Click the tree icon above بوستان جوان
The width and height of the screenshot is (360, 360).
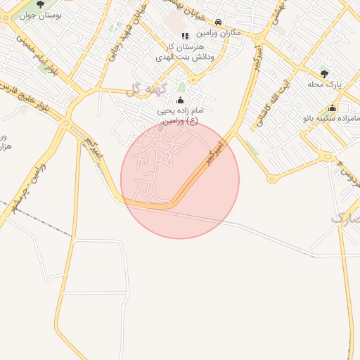coord(39,4)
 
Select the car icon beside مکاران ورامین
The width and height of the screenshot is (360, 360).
coord(219,22)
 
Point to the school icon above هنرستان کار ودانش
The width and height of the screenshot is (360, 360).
coord(185,35)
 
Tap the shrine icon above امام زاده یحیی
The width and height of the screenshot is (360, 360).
coord(180,101)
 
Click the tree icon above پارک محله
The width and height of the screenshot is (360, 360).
coord(324,72)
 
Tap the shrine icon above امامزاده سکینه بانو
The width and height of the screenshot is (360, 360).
coord(332,108)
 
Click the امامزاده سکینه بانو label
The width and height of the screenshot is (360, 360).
coord(330,119)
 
